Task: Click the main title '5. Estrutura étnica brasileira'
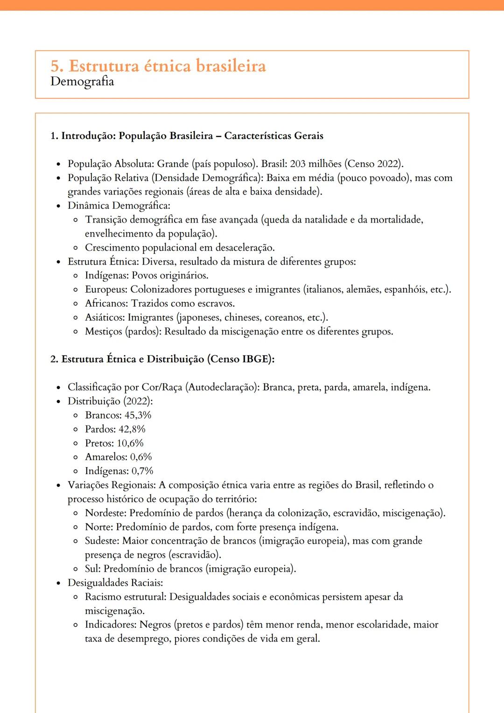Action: pyautogui.click(x=158, y=66)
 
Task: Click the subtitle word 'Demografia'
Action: pyautogui.click(x=82, y=82)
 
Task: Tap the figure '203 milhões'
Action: pyautogui.click(x=315, y=164)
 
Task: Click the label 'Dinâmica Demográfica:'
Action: pyautogui.click(x=119, y=206)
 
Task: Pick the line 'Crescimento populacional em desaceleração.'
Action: pyautogui.click(x=180, y=248)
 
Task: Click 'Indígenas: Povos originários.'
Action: pyautogui.click(x=147, y=276)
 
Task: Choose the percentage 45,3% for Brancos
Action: pyautogui.click(x=138, y=415)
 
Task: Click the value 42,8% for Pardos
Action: pyautogui.click(x=132, y=429)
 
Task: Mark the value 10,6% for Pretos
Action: pyautogui.click(x=130, y=443)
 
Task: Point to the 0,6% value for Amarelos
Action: pyautogui.click(x=141, y=457)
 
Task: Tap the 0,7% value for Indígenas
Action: pyautogui.click(x=142, y=471)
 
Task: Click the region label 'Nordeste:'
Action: pyautogui.click(x=105, y=513)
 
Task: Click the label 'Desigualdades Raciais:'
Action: pyautogui.click(x=115, y=583)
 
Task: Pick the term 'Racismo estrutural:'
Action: pyautogui.click(x=126, y=597)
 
